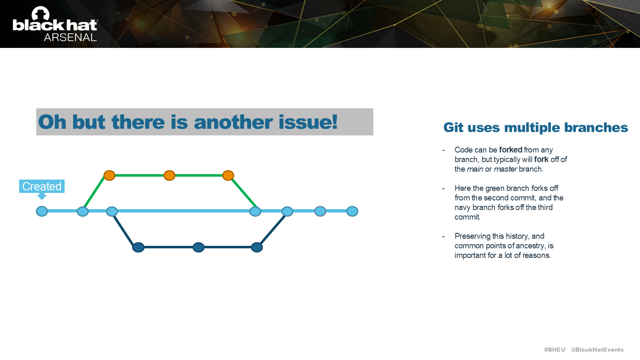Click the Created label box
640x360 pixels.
42,186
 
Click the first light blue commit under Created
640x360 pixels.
42,211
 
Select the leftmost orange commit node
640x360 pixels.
109,175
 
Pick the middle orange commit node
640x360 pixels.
169,175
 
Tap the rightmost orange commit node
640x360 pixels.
228,175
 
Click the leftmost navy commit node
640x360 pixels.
138,247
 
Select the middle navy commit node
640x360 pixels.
198,247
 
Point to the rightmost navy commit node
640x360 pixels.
257,247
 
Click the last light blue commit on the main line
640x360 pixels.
352,211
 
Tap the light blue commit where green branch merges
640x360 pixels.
255,211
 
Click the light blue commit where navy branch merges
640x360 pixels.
287,211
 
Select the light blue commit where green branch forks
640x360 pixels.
83,211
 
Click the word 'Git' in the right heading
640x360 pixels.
453,127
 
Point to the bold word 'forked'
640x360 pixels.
510,150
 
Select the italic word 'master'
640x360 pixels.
505,169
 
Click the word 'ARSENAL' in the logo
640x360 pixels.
70,37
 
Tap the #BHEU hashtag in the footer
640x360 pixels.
555,350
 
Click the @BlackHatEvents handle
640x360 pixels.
597,350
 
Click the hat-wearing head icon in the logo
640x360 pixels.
40,13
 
